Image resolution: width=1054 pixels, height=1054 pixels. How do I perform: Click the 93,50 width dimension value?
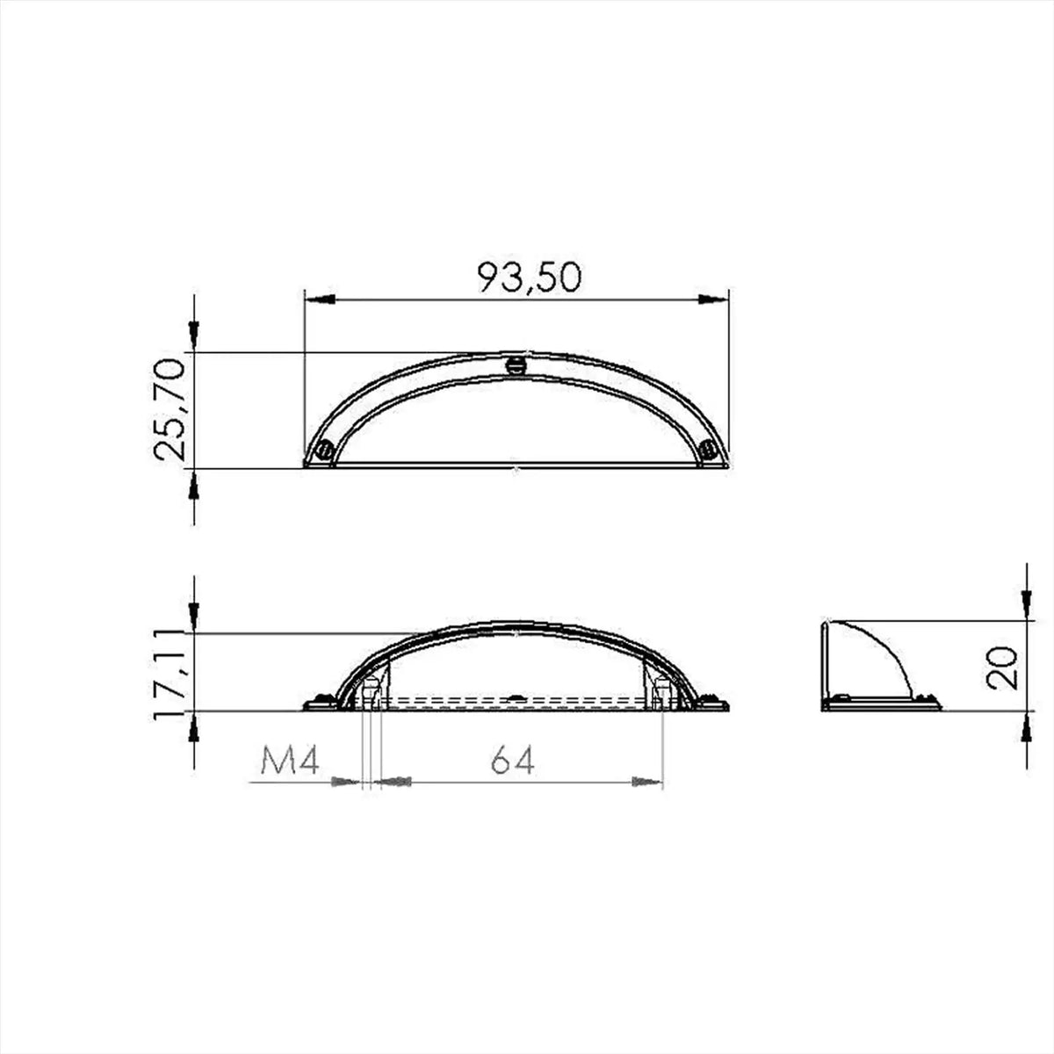point(529,278)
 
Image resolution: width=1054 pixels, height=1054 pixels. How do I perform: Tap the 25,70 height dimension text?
point(168,408)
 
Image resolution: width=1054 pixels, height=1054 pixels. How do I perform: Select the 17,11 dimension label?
point(168,672)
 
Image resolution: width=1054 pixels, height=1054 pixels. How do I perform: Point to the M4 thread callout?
point(290,761)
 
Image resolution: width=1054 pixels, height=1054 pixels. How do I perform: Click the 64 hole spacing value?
point(512,761)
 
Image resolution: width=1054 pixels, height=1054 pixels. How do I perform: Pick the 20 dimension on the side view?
point(1001,668)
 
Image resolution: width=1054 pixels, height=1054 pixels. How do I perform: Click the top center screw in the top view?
point(516,365)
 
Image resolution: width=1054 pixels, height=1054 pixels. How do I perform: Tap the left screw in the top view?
point(326,451)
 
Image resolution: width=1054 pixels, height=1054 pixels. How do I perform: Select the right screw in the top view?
point(708,451)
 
